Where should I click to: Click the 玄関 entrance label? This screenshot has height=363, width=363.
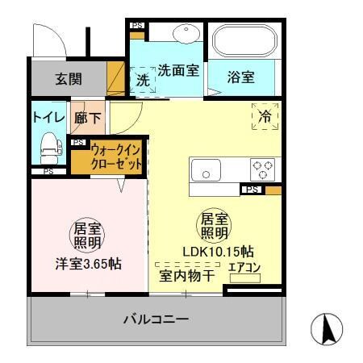click(x=68, y=80)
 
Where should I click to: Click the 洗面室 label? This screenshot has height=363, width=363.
click(x=178, y=71)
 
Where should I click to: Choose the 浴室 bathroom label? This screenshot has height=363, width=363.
click(x=241, y=78)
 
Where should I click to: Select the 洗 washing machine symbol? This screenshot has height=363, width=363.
click(x=142, y=80)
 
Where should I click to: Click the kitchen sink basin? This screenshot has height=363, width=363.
click(x=207, y=171)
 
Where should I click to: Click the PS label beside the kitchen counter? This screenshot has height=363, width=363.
click(x=252, y=190)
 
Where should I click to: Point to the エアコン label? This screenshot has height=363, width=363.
click(x=245, y=267)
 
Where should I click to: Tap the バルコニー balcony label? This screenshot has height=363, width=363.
click(x=156, y=319)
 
